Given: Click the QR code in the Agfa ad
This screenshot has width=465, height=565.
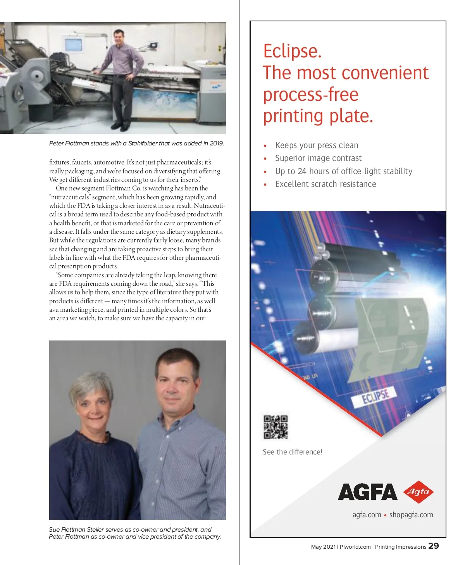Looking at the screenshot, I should click(276, 427).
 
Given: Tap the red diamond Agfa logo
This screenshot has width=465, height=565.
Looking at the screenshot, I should click(418, 492).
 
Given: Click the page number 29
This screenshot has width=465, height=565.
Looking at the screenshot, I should click(434, 546).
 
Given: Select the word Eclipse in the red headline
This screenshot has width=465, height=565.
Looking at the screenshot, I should click(292, 51).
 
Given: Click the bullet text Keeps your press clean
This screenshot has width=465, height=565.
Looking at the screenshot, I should click(317, 145).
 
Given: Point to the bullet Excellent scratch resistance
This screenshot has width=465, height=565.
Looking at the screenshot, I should click(325, 184).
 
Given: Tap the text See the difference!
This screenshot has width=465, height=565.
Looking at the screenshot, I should click(292, 452).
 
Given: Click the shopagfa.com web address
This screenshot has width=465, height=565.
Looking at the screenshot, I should click(411, 515).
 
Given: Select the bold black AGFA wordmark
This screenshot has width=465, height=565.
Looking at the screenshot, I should click(367, 492).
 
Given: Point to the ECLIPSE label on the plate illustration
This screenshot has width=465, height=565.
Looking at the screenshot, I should click(375, 396).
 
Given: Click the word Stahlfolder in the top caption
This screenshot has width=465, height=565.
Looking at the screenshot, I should click(143, 143).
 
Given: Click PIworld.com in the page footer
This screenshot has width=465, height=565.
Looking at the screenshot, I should click(355, 547).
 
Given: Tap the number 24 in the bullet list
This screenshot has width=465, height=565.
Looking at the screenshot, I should click(302, 171).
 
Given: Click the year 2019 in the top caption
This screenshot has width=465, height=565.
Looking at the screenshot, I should click(216, 143).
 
